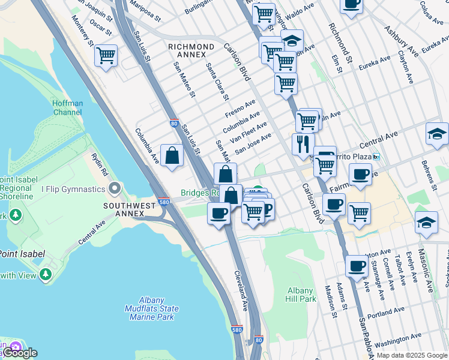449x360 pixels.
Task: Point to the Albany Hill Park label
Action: click(300, 295)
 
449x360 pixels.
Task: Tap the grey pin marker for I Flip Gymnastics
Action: click(115, 190)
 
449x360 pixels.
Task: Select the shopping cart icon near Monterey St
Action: click(106, 56)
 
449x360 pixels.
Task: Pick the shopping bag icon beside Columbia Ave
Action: click(172, 155)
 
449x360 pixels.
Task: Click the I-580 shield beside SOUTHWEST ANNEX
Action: click(163, 203)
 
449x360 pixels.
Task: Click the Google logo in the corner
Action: click(20, 353)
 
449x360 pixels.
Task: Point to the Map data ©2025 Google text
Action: click(411, 355)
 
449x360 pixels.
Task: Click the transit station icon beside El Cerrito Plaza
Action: click(376, 157)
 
